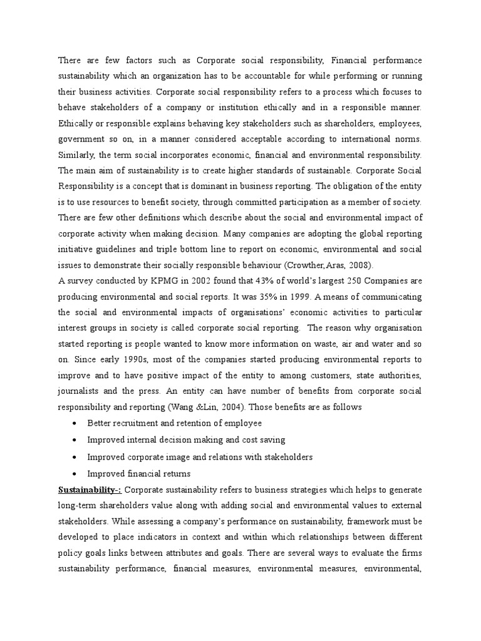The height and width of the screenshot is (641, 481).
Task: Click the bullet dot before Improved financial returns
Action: (75, 474)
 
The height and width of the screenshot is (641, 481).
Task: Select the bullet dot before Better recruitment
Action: (75, 424)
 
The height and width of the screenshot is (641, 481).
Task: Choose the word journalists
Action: (78, 391)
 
